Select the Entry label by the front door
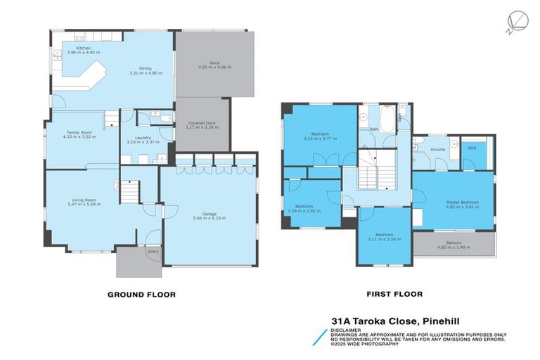(x=153, y=251)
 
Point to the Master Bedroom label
(x=462, y=202)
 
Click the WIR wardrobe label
(x=472, y=148)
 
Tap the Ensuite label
(x=437, y=149)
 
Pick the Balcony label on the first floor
(x=454, y=243)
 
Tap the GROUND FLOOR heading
(x=141, y=295)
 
